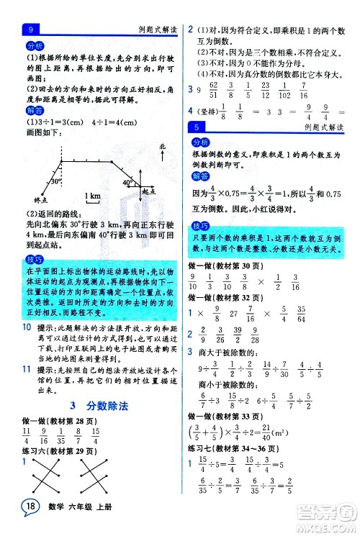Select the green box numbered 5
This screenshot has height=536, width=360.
coord(196,127)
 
